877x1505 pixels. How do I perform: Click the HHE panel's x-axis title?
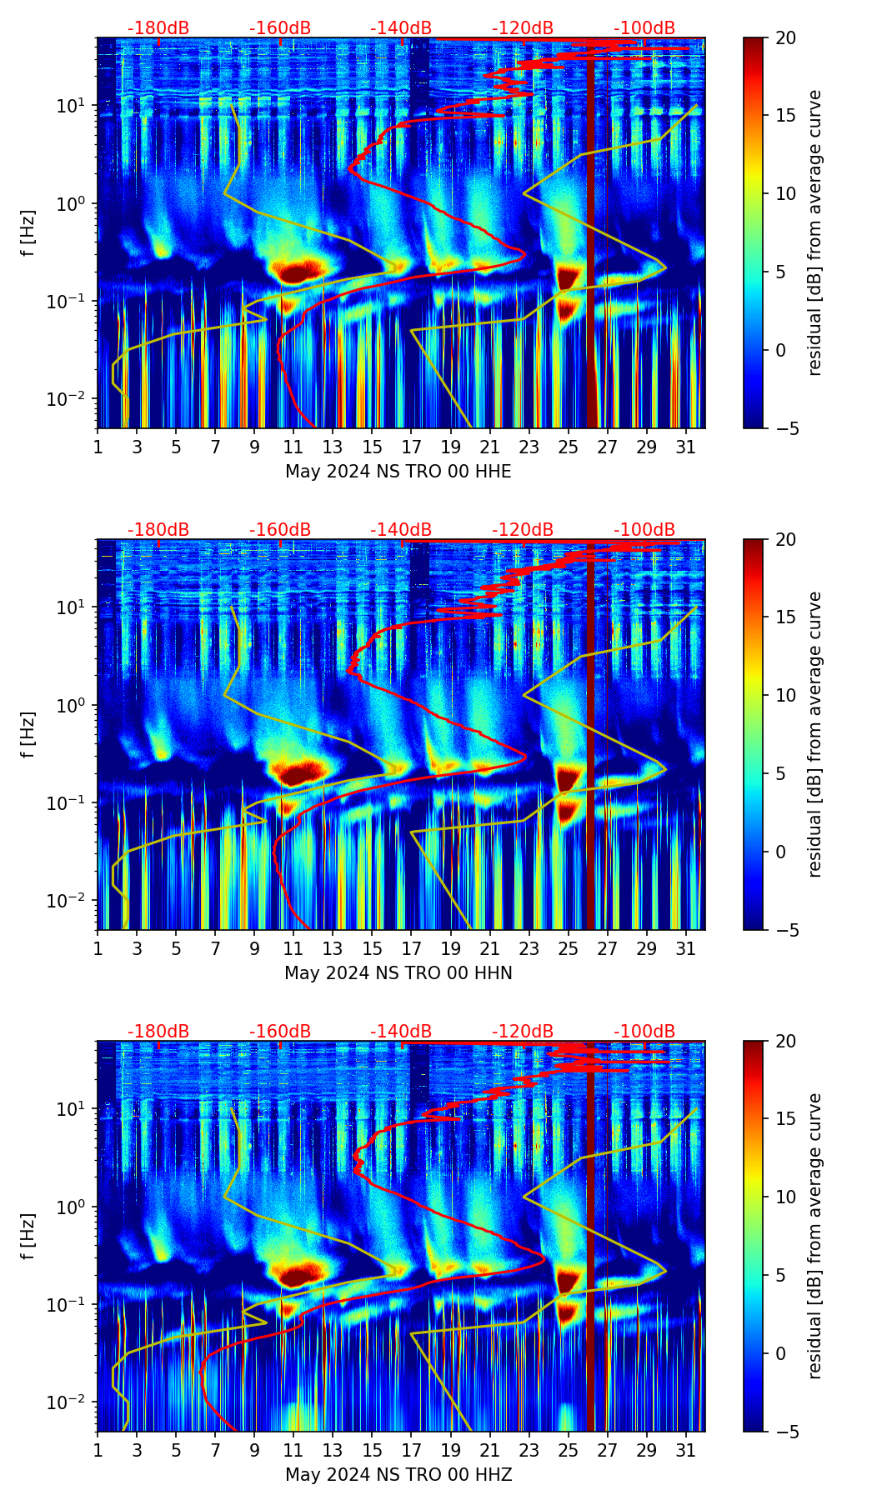point(398,472)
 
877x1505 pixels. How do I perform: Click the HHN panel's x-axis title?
point(398,973)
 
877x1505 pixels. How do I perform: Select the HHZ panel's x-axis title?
point(398,1475)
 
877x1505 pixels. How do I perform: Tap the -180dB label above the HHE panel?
point(158,28)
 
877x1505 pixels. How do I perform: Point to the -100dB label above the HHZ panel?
point(644,1032)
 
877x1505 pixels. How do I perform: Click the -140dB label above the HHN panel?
point(401,530)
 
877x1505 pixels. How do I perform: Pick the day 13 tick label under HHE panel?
point(333,447)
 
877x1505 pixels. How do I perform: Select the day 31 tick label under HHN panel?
point(686,949)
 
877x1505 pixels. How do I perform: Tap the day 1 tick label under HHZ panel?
point(98,1451)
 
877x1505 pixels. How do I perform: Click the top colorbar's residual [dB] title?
point(814,232)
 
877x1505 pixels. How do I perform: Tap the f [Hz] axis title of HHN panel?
point(28,734)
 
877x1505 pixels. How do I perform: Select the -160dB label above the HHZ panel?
point(280,1032)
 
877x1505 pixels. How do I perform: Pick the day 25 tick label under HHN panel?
point(569,949)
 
